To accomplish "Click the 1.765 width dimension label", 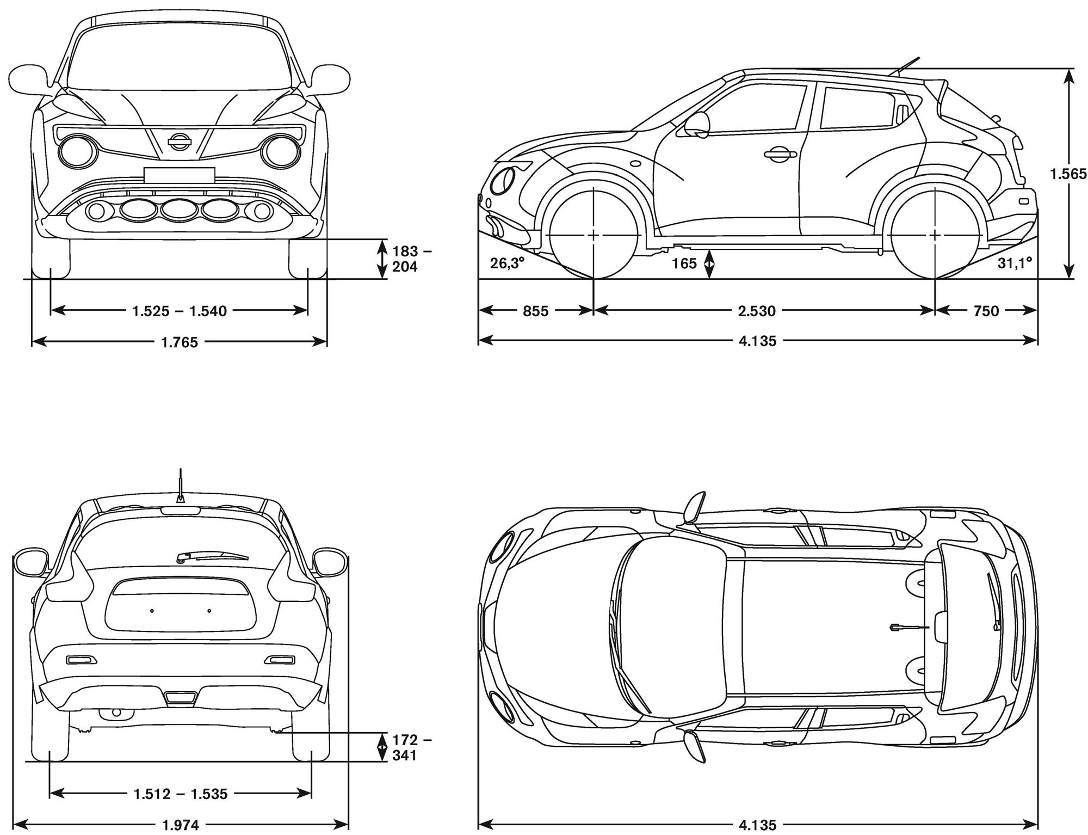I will (180, 342).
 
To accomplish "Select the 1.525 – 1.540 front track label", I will (180, 311).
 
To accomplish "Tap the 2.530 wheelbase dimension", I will (757, 311).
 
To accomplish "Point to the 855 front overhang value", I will (535, 311).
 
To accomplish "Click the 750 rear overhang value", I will (986, 311).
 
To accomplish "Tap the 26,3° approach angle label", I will (507, 263).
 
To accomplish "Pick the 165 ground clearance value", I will (684, 263).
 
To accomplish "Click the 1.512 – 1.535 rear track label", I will (181, 794).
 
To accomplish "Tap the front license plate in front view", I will (179, 175).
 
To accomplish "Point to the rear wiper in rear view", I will (212, 556).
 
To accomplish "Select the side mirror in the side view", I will (697, 124).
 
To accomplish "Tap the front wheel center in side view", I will (593, 235).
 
